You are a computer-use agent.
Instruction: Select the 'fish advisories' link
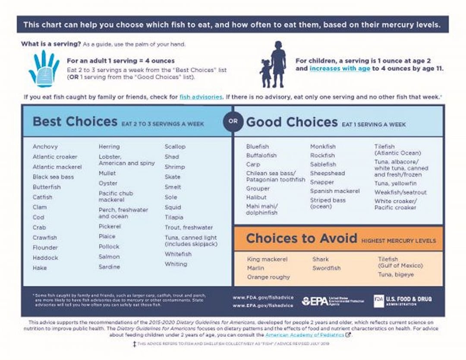pos(201,97)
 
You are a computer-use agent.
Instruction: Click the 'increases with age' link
pos(340,69)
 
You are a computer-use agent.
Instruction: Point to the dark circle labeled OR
pos(233,121)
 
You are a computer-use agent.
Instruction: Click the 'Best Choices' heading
pos(75,121)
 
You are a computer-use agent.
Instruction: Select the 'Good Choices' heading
pos(292,122)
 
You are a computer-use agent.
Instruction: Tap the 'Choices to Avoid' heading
pos(302,238)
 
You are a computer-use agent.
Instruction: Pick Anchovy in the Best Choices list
pos(45,147)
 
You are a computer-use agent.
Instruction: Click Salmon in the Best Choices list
pos(109,257)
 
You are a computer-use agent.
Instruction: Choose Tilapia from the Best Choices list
pos(174,218)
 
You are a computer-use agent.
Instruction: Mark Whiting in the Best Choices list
pos(176,264)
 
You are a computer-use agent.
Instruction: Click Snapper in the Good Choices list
pos(322,182)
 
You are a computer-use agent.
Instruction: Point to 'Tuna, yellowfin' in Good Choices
pos(395,183)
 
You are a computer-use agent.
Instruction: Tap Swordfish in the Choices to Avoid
pos(326,268)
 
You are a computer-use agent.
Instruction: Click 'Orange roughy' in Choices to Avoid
pos(268,277)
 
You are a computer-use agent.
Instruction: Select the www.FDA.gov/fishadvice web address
pos(263,297)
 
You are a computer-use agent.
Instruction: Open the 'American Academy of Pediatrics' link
pos(305,335)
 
